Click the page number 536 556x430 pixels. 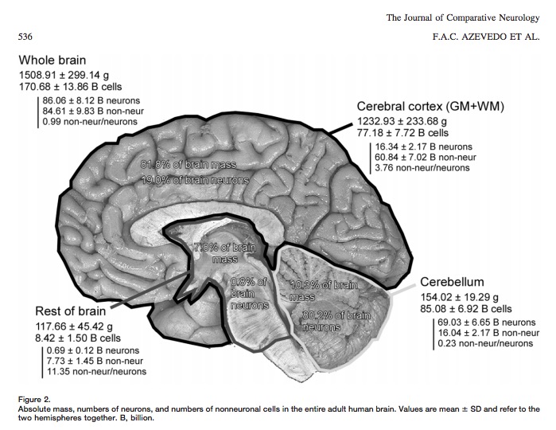pyautogui.click(x=24, y=37)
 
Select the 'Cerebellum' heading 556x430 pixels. pyautogui.click(x=452, y=282)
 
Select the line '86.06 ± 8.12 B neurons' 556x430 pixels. pyautogui.click(x=91, y=101)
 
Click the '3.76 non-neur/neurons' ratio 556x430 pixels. pyautogui.click(x=427, y=167)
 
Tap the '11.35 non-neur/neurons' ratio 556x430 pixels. pyautogui.click(x=97, y=371)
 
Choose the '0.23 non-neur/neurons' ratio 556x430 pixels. pyautogui.click(x=485, y=343)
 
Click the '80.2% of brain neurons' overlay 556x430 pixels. pyautogui.click(x=337, y=321)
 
